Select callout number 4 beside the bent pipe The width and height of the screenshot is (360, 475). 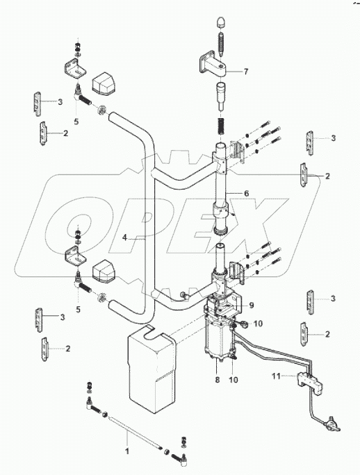tap(124, 237)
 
